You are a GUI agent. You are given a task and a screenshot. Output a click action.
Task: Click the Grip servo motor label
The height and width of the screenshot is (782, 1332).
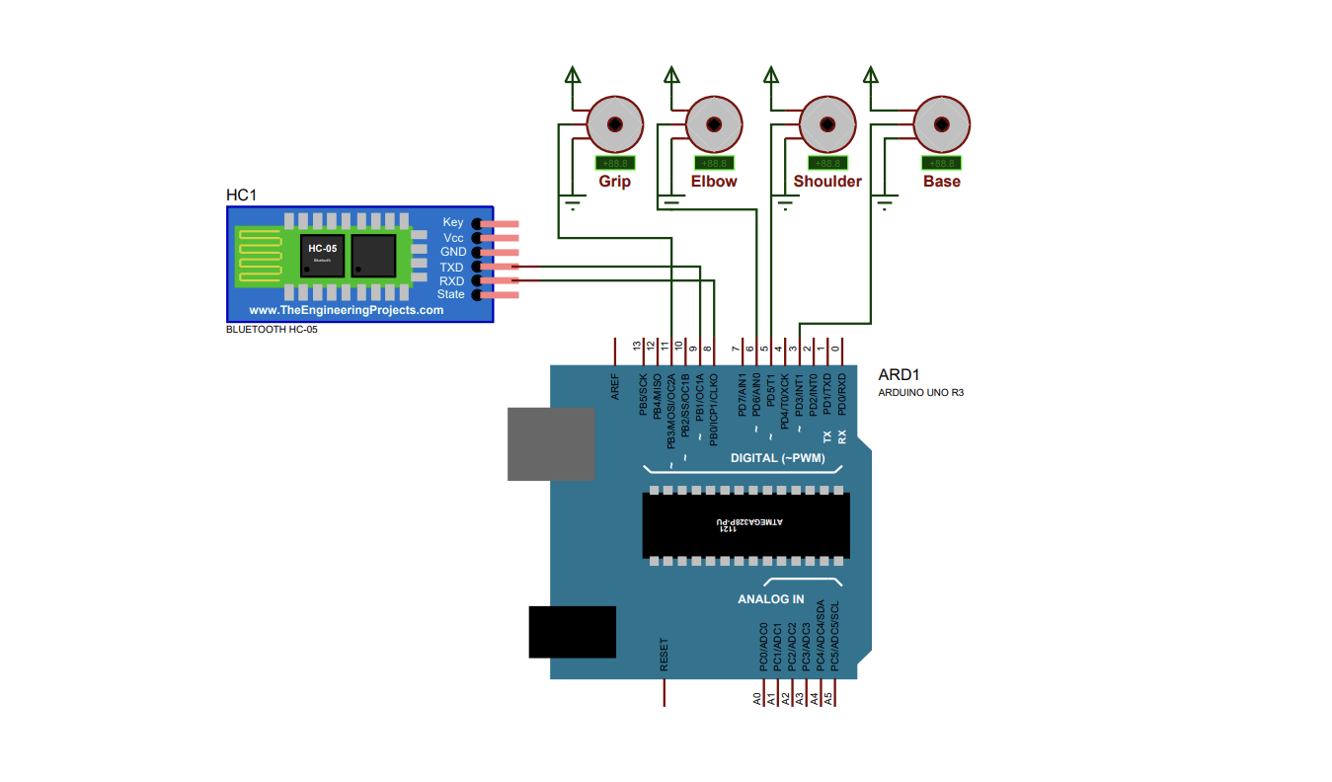(614, 182)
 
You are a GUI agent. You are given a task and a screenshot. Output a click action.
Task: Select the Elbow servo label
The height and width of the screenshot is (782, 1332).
(713, 182)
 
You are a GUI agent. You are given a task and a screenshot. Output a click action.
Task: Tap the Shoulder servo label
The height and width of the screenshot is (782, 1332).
(827, 182)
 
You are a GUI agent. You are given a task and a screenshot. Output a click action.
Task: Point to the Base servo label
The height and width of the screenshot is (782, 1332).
(941, 182)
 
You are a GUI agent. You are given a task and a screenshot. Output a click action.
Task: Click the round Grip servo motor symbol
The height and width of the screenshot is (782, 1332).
(615, 124)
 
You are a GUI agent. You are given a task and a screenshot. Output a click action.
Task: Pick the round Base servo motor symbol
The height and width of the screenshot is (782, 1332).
(941, 124)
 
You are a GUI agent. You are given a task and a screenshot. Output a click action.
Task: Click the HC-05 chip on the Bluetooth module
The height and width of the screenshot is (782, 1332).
(322, 255)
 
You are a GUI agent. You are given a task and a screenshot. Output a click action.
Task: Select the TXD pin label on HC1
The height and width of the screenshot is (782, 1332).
(452, 268)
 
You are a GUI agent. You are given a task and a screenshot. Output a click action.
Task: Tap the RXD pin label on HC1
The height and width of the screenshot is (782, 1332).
(452, 281)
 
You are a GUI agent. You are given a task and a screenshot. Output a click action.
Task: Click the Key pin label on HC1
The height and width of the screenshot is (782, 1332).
(453, 223)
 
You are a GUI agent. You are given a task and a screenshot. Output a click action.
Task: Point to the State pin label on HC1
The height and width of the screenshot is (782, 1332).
(451, 295)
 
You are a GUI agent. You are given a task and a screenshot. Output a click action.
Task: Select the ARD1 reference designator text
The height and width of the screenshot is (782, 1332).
(899, 375)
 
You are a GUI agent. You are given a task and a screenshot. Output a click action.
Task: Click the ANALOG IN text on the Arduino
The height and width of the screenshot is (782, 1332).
(771, 599)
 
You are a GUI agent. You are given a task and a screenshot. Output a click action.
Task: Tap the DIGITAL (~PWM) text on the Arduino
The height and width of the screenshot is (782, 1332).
(775, 458)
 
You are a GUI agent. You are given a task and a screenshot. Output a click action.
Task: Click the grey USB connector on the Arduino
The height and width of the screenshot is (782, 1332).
(550, 443)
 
